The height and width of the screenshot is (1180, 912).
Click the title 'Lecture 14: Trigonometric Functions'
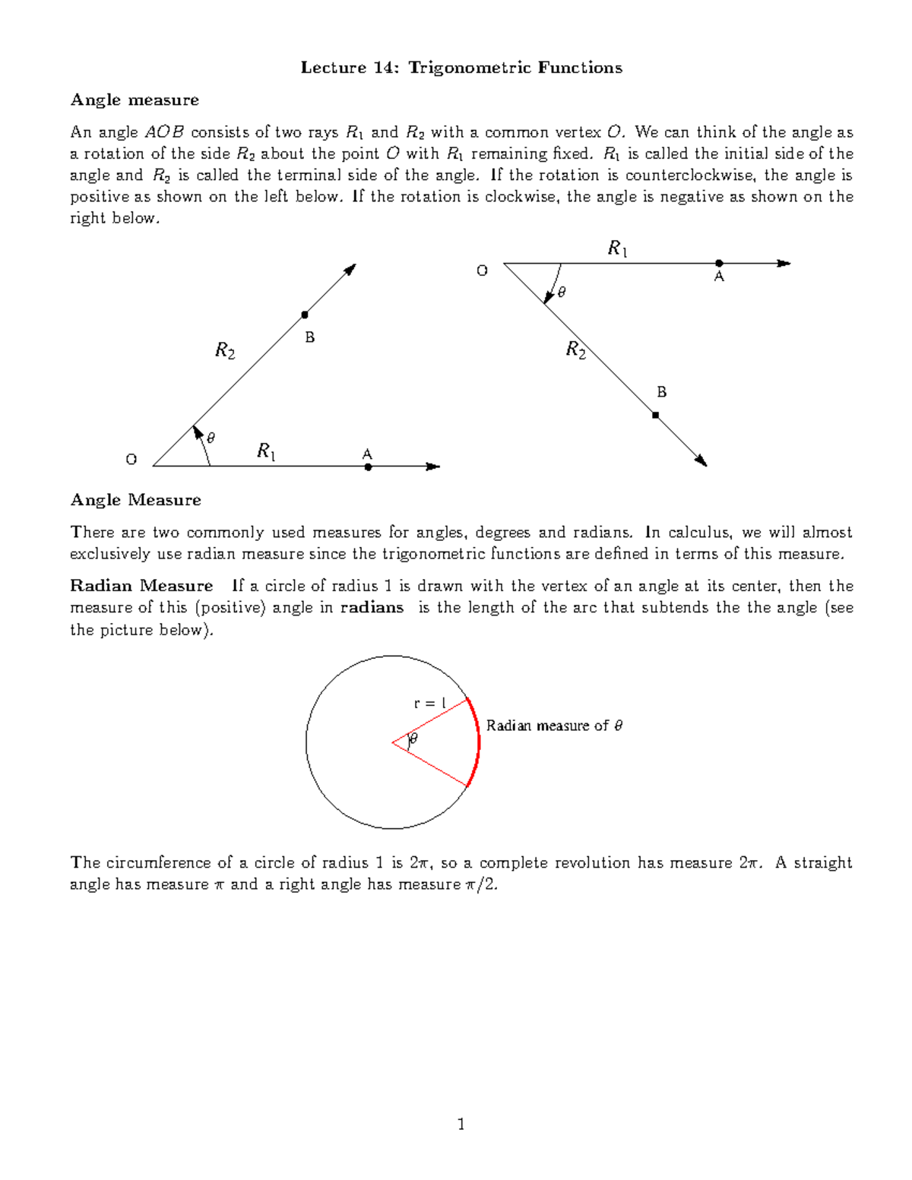coord(461,68)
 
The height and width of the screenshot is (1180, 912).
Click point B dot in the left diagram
coord(305,315)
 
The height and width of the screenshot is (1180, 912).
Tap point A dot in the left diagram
coord(368,467)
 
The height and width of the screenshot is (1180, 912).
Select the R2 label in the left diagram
coord(225,350)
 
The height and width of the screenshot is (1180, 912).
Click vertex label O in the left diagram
coord(131,460)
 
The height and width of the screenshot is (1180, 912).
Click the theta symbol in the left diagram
coord(211,438)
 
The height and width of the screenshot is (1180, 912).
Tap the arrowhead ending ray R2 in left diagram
coord(350,269)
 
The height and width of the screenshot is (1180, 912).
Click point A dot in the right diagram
coord(719,264)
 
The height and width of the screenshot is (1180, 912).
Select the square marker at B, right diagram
coord(655,416)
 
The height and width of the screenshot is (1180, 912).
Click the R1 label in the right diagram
coord(617,248)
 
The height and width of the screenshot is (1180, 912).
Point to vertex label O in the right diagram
coord(482,270)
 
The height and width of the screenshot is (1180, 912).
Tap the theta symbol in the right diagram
coord(562,292)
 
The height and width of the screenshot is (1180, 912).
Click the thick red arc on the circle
coord(478,742)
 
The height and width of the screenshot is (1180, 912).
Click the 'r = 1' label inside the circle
coord(429,704)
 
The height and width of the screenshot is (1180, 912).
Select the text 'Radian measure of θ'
coord(554,726)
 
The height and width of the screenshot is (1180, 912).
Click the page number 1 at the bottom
coord(461,1124)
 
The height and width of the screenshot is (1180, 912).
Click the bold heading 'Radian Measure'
coord(141,586)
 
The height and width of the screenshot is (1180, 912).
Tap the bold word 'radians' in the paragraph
coord(372,607)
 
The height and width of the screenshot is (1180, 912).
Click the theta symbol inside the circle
coord(413,738)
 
